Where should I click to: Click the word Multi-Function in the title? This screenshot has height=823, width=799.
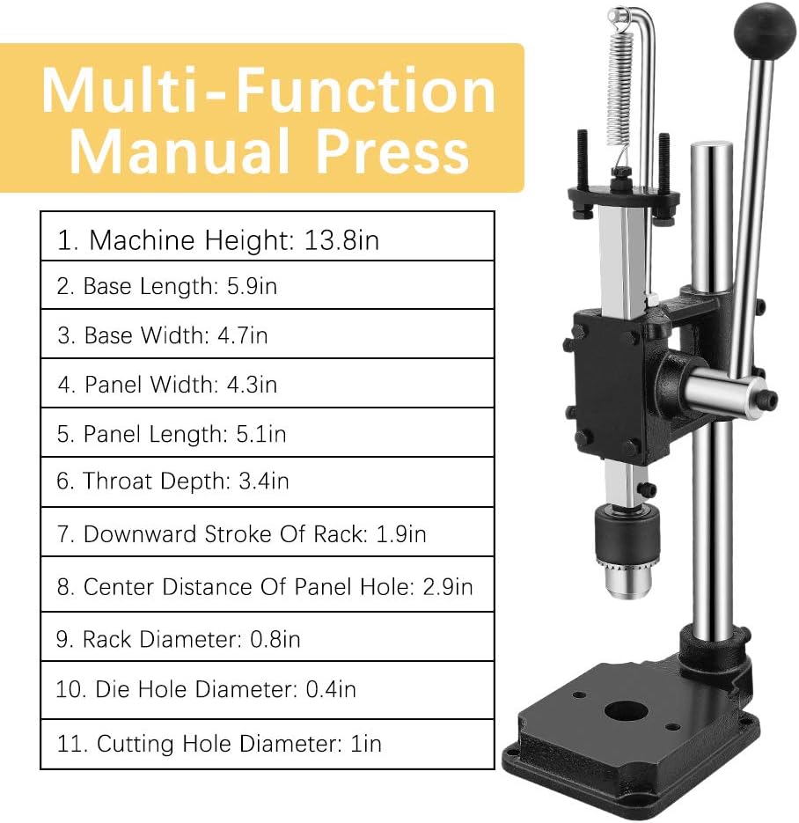tap(269, 91)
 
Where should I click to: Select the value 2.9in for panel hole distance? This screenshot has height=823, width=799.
tap(447, 586)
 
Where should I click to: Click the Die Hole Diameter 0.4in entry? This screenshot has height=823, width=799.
tap(206, 688)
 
